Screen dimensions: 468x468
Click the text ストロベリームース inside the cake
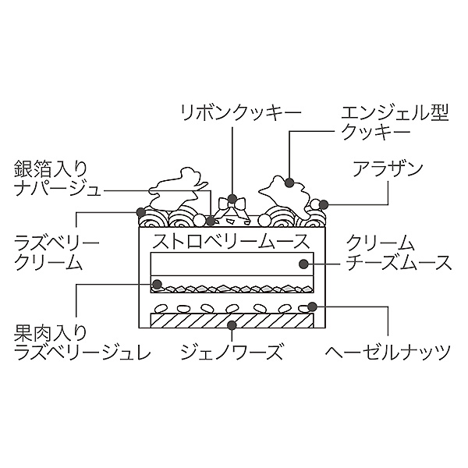click(x=227, y=239)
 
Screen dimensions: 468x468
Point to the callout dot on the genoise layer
click(x=232, y=324)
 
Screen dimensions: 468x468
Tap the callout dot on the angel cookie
click(x=289, y=184)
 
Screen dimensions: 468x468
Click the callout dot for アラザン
click(x=322, y=205)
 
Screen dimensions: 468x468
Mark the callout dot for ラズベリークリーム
click(x=141, y=211)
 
